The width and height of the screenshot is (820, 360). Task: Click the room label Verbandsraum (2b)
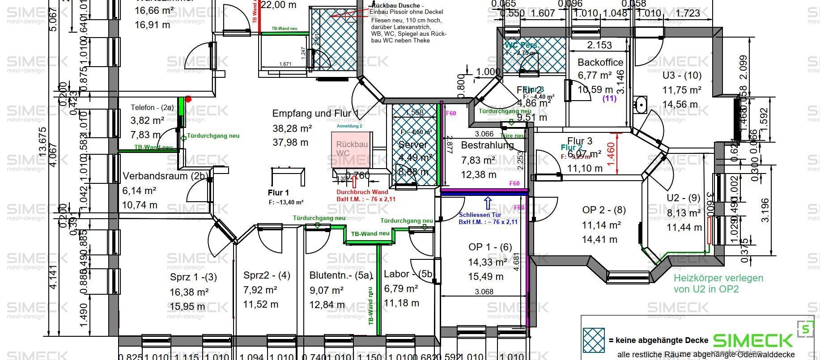tap(164, 176)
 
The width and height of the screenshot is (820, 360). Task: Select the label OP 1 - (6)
tap(490, 247)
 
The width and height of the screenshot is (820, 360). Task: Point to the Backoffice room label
tap(600, 62)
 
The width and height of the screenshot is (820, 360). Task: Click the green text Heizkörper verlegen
tap(718, 278)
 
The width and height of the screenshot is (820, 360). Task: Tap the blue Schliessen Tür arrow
tap(488, 204)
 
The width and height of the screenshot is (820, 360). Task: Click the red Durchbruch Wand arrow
tap(354, 181)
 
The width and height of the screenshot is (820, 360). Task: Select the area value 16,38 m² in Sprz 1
tap(189, 292)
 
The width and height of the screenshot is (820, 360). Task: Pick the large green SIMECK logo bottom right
tap(752, 340)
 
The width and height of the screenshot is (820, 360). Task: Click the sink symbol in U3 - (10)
tap(641, 105)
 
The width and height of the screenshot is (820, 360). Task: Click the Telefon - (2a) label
tap(152, 107)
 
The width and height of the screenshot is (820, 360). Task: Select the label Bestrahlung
tap(487, 145)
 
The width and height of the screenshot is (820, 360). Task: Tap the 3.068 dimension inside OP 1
tap(484, 292)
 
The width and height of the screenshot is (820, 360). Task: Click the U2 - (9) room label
tap(683, 198)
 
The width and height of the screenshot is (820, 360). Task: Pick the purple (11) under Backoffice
tap(610, 98)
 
